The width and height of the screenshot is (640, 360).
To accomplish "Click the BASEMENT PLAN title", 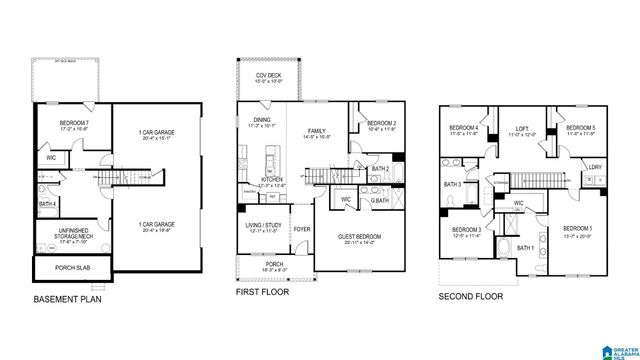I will (68, 298).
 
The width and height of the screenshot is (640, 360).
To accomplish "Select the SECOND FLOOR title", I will (472, 297).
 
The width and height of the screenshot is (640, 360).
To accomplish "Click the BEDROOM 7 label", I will (63, 123).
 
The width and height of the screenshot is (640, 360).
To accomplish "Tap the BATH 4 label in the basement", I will (47, 204).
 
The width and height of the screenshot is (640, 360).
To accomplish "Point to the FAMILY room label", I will (317, 131).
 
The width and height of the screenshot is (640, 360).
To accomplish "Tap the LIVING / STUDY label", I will (264, 226).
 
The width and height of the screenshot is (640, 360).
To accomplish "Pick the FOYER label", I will (301, 229).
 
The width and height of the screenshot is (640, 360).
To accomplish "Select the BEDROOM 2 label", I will (381, 123).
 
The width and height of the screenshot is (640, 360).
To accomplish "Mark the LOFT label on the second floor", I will (520, 128).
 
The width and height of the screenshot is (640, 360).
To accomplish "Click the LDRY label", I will (595, 168).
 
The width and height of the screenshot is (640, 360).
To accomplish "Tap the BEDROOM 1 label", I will (576, 230).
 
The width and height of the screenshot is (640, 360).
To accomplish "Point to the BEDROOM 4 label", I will (463, 128).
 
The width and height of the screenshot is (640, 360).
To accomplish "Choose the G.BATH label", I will (380, 202).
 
